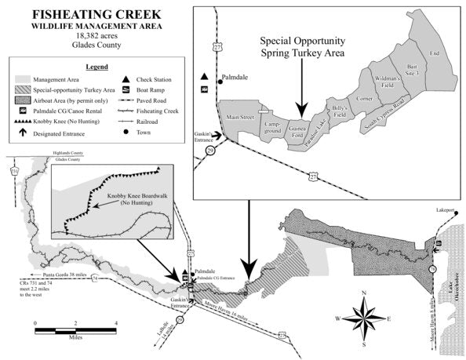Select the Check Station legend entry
pyautogui.click(x=149, y=79)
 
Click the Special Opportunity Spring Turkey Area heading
pyautogui.click(x=302, y=45)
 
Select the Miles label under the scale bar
pyautogui.click(x=75, y=341)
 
